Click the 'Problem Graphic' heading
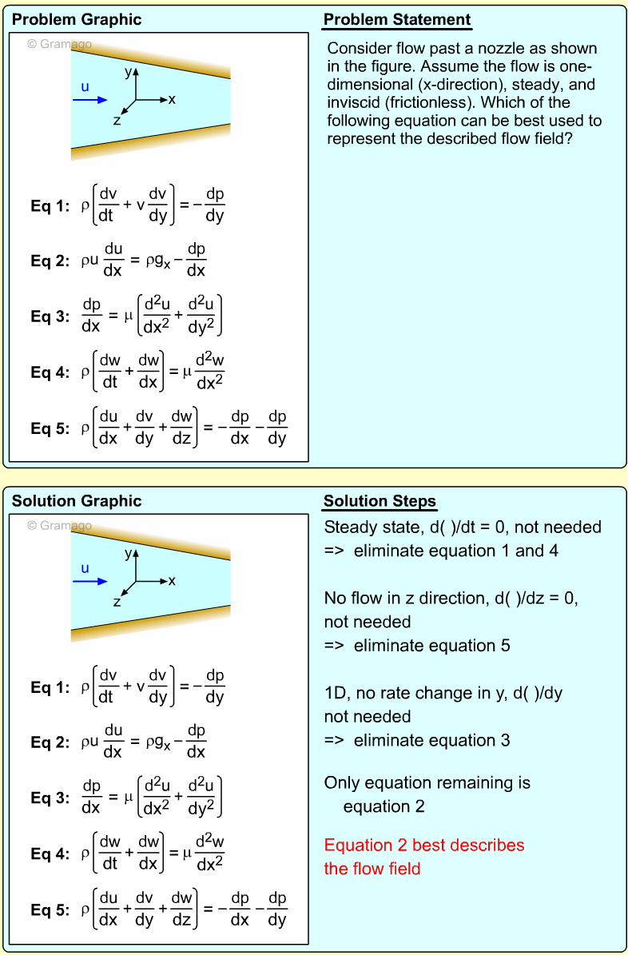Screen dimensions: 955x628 coord(77,20)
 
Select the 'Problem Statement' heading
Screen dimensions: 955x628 coord(397,20)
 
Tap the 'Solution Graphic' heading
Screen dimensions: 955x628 coord(77,501)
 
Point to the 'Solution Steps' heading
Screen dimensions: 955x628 coord(380,502)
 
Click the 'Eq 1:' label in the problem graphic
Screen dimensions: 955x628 coord(51,205)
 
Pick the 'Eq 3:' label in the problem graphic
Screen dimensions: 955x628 coord(51,316)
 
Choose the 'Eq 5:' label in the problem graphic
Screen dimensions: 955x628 coord(51,428)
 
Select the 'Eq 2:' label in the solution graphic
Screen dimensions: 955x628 coord(51,742)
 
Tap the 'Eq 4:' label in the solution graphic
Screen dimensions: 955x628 coord(51,854)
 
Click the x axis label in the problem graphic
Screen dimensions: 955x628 coord(172,100)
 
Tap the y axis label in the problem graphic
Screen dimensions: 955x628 coord(128,71)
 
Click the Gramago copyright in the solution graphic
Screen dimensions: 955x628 coord(59,525)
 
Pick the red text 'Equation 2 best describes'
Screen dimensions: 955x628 coord(424,846)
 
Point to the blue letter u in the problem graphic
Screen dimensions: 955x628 coord(85,86)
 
